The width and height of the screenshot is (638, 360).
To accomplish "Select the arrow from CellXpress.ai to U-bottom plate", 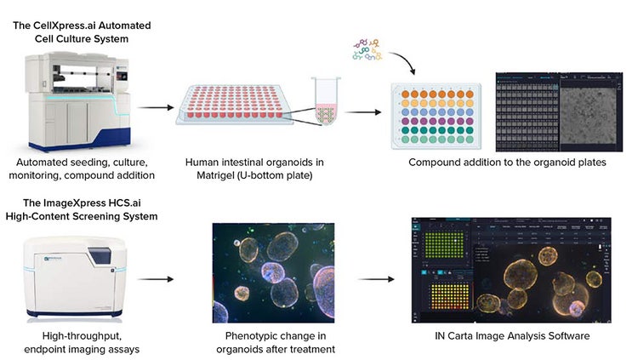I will point(152,108).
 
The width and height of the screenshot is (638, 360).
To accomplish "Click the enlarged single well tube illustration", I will point(326,103).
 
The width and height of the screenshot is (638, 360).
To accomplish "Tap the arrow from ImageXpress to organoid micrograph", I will point(153,278).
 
